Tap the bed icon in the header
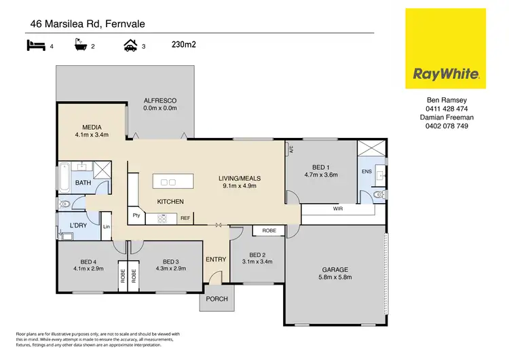tap(35, 46)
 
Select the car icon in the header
tap(130, 46)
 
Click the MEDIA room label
tap(92, 127)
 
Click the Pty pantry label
tap(136, 216)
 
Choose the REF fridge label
tap(184, 219)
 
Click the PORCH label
tap(216, 300)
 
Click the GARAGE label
tap(335, 268)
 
